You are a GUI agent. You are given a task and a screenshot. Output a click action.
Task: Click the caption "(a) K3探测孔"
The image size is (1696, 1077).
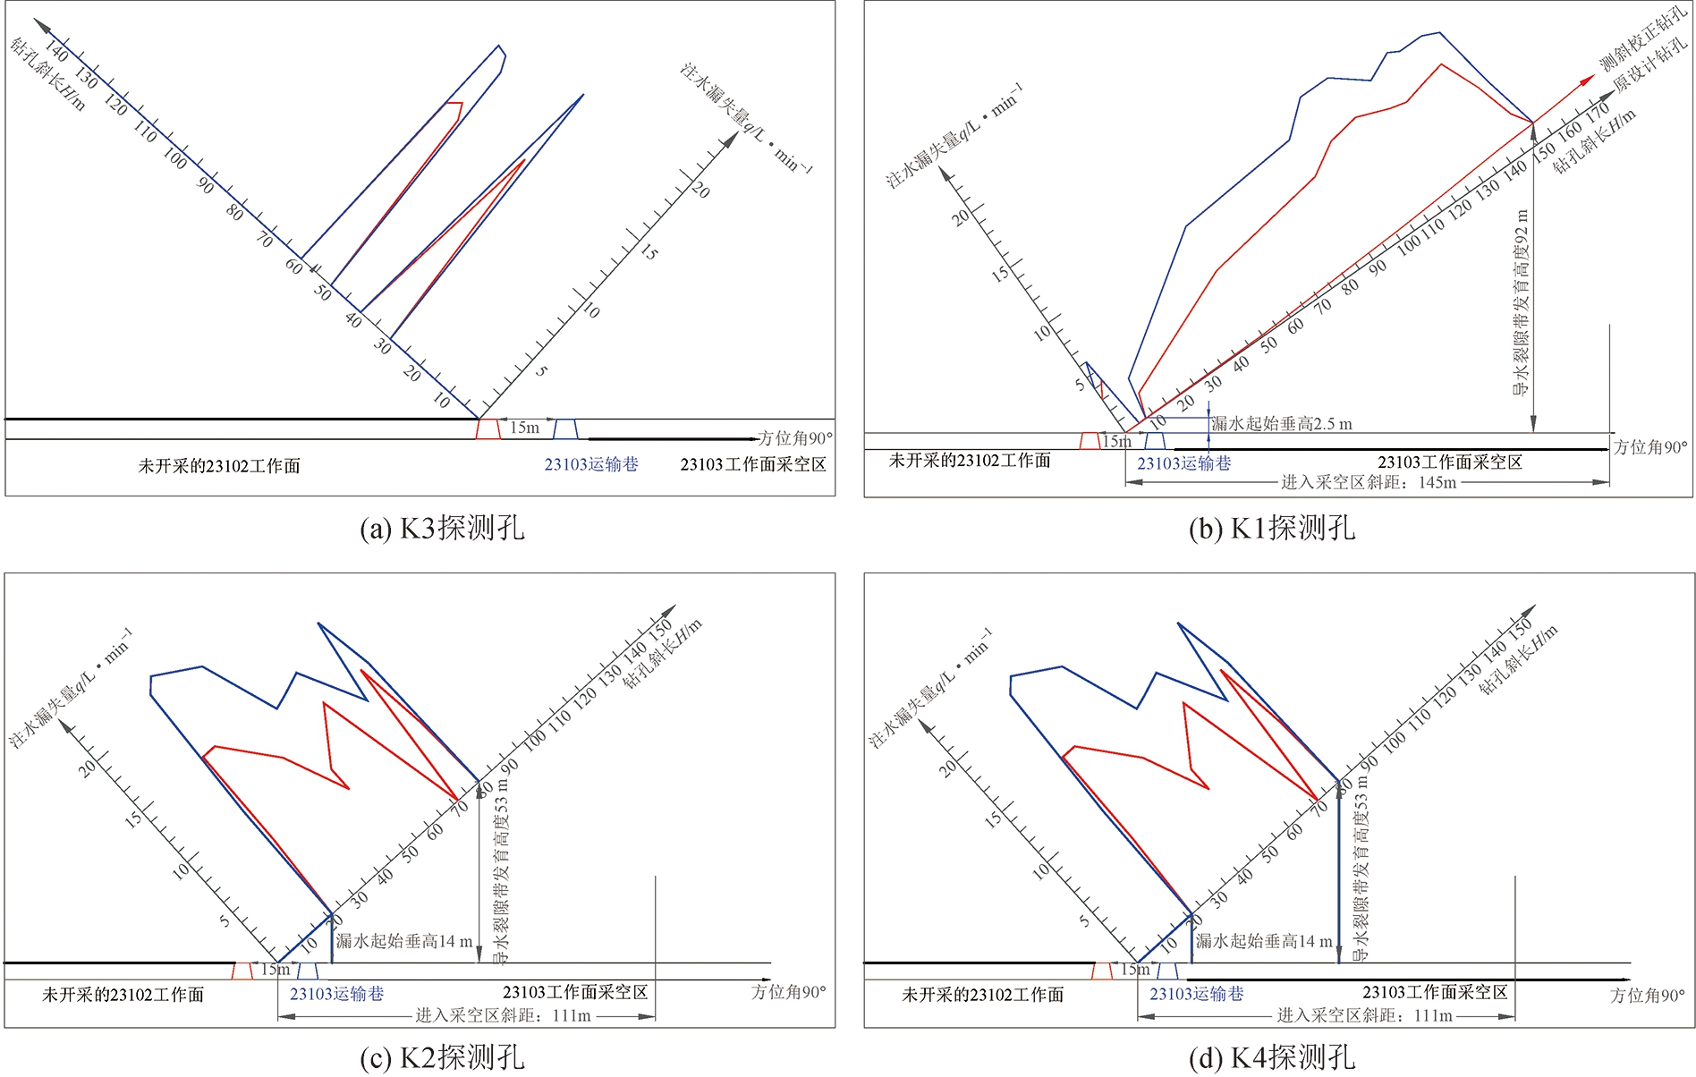point(442,528)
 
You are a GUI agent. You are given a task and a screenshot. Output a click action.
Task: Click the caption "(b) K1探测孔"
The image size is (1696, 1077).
point(1271,528)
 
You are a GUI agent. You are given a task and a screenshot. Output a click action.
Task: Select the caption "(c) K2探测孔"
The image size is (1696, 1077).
point(442,1057)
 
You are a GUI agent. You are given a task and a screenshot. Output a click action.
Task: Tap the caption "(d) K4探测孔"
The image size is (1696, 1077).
point(1271,1057)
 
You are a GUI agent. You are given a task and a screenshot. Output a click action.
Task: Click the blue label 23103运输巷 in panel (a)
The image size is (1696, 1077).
point(591,464)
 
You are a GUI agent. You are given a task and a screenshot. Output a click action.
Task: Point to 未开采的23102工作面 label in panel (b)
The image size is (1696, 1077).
point(970,461)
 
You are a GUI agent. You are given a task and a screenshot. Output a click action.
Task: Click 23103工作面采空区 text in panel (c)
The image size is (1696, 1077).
point(575,992)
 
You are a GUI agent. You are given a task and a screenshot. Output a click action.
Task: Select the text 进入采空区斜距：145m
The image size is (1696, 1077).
point(1368,483)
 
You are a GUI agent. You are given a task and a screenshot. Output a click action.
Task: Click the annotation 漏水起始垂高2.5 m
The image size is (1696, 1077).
point(1282,424)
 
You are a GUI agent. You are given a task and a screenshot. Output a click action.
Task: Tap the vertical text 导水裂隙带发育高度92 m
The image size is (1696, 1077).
point(1521,302)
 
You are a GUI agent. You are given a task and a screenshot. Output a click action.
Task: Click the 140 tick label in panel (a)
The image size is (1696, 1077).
point(55,49)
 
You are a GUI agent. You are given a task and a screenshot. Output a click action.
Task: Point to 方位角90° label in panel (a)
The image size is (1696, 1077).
point(794,438)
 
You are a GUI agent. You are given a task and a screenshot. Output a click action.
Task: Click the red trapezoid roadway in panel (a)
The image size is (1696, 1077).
point(488,428)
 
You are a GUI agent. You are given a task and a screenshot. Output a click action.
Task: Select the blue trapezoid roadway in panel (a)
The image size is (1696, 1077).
point(565,428)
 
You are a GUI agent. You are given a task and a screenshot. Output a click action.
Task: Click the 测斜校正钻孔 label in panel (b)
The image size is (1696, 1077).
point(1642,40)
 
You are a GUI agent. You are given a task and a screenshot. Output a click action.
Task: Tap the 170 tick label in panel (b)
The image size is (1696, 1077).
point(1598,114)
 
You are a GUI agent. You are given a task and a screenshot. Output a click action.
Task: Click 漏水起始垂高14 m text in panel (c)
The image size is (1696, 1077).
point(403,941)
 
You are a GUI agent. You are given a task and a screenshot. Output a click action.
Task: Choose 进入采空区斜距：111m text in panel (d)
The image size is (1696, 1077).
point(1364,1015)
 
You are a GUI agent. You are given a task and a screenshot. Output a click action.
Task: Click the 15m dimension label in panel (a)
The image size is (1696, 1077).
point(524,428)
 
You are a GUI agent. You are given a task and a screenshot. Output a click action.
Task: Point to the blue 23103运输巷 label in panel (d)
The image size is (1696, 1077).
point(1196,994)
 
